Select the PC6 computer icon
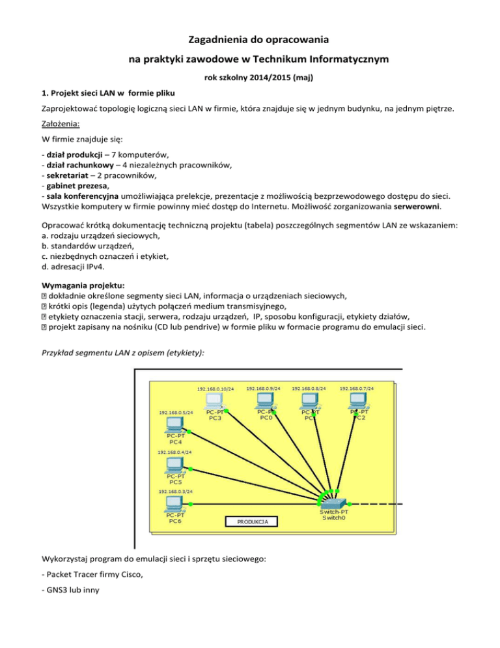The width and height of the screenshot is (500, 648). [x=174, y=503]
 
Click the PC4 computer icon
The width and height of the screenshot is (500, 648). [x=174, y=424]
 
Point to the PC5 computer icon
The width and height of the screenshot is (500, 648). [x=174, y=465]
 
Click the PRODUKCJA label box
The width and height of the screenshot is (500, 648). [x=251, y=522]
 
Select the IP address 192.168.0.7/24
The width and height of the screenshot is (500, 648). [x=357, y=389]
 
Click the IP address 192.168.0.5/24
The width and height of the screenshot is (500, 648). [x=175, y=413]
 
